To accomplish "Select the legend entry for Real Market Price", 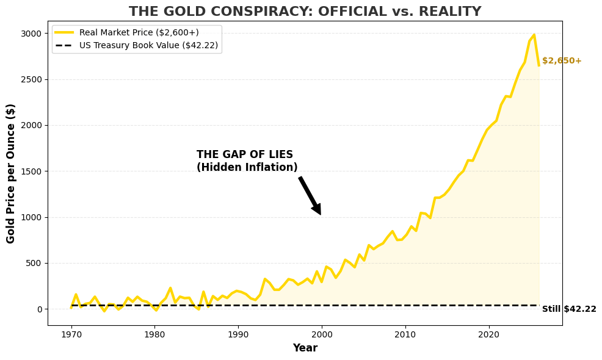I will click(x=139, y=32).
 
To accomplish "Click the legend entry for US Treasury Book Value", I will click(x=148, y=45).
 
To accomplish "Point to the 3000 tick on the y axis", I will click(x=33, y=34).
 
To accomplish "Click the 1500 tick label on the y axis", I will click(x=33, y=171).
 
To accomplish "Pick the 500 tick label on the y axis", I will click(x=35, y=264).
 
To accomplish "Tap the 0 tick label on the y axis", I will click(x=40, y=309).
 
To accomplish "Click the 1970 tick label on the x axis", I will click(x=71, y=334).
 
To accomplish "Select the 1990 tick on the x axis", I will click(x=238, y=334).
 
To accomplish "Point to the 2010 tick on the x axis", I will click(x=405, y=334).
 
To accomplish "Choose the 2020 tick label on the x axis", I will click(x=488, y=334).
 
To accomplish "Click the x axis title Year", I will click(x=305, y=348).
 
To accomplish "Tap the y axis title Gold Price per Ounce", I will click(x=11, y=173).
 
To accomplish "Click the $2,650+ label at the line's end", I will click(x=562, y=61).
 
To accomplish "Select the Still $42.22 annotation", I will click(x=569, y=309).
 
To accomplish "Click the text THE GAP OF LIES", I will click(x=245, y=155).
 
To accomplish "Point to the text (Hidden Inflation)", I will click(x=247, y=168).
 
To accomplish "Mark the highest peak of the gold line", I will click(x=534, y=35).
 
